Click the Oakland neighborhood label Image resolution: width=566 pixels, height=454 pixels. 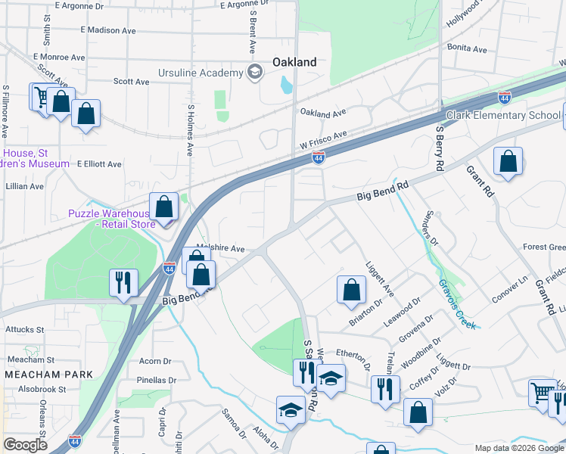[x=294, y=62]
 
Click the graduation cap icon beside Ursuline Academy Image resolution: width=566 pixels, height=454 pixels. [x=255, y=73]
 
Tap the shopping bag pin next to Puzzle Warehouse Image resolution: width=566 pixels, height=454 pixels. [x=163, y=207]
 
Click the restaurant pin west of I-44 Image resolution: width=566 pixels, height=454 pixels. [x=122, y=282]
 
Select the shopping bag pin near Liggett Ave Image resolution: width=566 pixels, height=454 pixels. [x=351, y=289]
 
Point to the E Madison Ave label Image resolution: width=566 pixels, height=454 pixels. [x=107, y=30]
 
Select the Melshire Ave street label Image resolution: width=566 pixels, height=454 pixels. [x=220, y=248]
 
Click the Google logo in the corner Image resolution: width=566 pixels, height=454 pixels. [x=26, y=444]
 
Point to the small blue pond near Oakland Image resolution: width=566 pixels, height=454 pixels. [x=287, y=84]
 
